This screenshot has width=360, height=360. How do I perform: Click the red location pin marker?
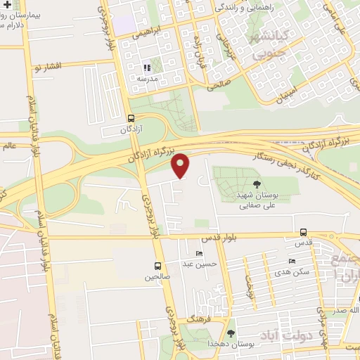(181, 166)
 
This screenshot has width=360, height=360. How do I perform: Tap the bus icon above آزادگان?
(131, 119)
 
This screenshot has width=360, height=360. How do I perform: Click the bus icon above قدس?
(303, 232)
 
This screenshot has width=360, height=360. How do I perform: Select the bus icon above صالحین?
(157, 266)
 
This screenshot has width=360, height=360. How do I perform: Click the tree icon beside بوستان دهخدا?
(231, 333)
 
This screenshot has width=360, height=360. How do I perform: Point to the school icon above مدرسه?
(147, 68)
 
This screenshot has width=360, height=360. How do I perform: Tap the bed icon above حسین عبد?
(199, 253)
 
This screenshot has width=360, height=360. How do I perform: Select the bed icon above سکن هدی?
(292, 261)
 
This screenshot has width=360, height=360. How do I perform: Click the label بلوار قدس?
(237, 238)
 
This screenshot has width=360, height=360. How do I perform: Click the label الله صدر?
(345, 309)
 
